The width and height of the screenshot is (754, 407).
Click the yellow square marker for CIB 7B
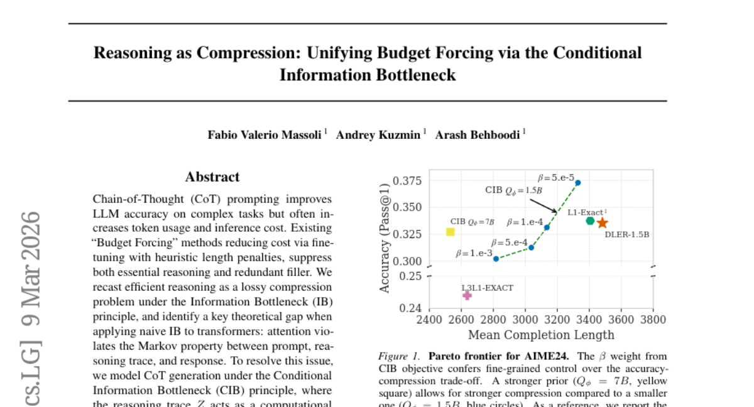pyautogui.click(x=450, y=232)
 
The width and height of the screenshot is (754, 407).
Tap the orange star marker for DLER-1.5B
pyautogui.click(x=602, y=222)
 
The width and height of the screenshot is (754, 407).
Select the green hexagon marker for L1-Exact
pyautogui.click(x=590, y=220)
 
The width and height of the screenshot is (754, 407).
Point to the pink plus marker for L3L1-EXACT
pyautogui.click(x=467, y=295)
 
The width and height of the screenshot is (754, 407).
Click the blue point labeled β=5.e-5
pyautogui.click(x=578, y=183)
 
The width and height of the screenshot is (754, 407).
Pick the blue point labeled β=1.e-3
pyautogui.click(x=496, y=259)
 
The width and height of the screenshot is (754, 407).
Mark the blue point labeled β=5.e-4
pyautogui.click(x=531, y=247)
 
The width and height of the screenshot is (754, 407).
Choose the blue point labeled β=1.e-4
pyautogui.click(x=547, y=227)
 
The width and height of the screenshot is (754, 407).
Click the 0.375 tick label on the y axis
pyautogui.click(x=407, y=181)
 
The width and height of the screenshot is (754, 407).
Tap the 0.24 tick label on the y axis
pyautogui.click(x=412, y=308)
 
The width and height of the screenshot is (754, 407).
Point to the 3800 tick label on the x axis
pyautogui.click(x=653, y=320)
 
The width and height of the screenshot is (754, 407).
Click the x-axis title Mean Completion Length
pyautogui.click(x=541, y=334)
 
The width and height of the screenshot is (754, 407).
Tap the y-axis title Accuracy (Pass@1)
pyautogui.click(x=385, y=237)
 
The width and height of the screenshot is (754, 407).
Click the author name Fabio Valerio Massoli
pyautogui.click(x=265, y=135)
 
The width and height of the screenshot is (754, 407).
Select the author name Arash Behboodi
pyautogui.click(x=478, y=135)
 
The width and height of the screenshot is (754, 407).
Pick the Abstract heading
pyautogui.click(x=212, y=177)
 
